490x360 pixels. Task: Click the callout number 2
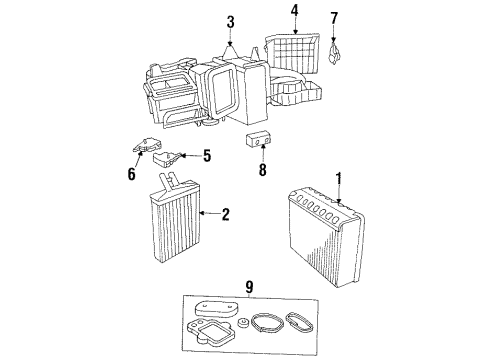tap(227, 213)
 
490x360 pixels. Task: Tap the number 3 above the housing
tap(230, 23)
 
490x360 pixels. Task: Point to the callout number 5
tap(207, 155)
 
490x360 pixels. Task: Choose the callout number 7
tap(335, 17)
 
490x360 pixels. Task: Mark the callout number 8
tap(263, 169)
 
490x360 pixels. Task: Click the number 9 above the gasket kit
tap(249, 287)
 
